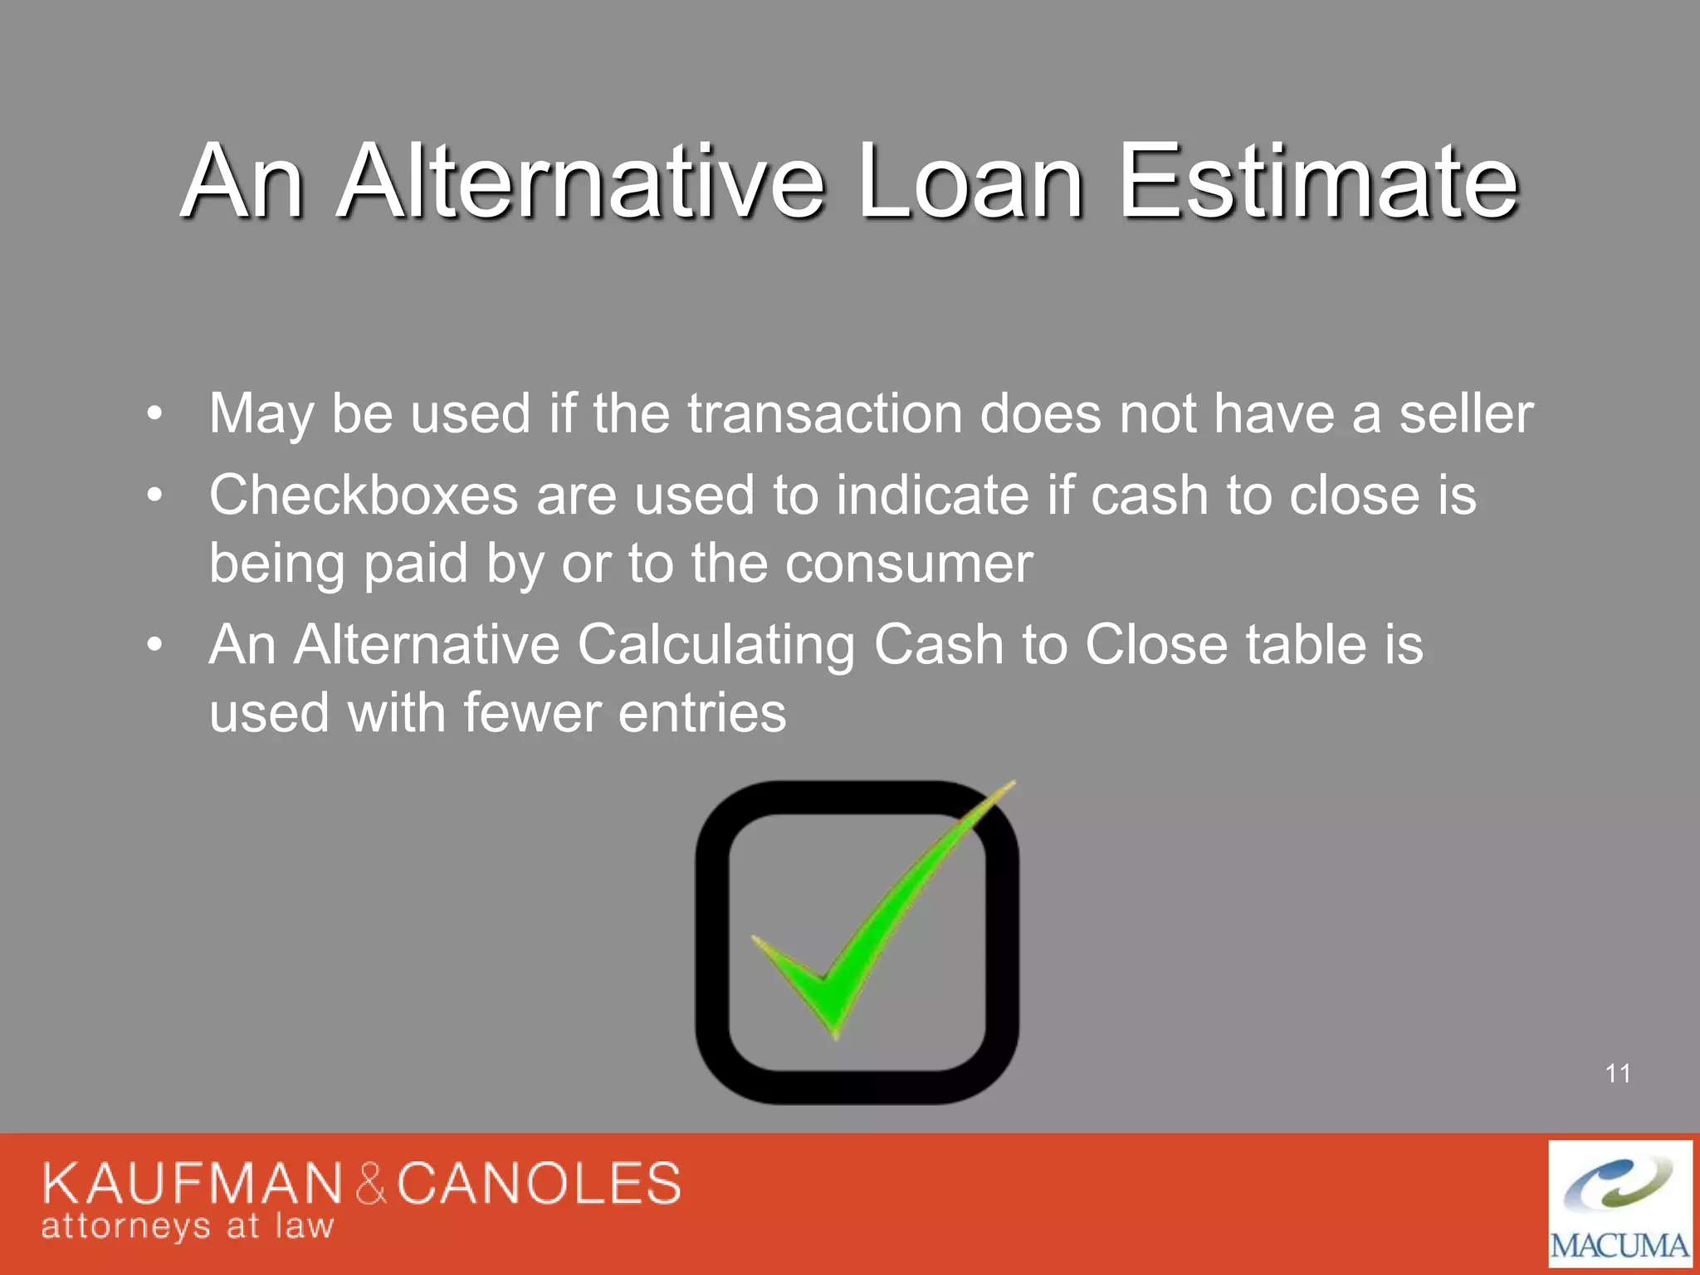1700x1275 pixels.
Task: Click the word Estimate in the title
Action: (1318, 183)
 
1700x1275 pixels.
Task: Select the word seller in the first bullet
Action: (1466, 413)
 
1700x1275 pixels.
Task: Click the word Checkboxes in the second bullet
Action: (364, 496)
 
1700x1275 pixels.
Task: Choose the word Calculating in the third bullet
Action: (716, 645)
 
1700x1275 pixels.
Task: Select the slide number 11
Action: (1618, 1073)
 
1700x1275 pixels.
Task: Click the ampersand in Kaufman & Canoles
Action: (371, 1184)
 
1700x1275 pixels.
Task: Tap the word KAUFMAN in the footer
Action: (192, 1184)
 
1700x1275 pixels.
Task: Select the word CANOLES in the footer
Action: (539, 1184)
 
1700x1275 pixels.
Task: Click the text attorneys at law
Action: (188, 1226)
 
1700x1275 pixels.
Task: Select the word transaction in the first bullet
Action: (824, 413)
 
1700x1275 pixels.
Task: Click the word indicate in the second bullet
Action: (932, 496)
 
